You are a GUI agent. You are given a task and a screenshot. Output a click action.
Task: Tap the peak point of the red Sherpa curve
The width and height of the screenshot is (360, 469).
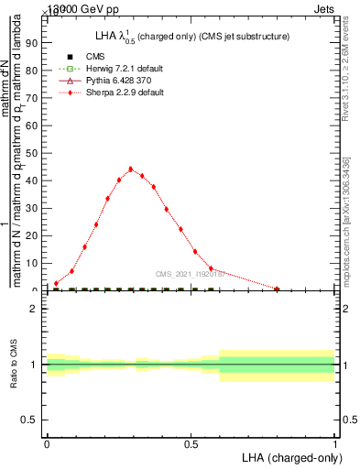131,169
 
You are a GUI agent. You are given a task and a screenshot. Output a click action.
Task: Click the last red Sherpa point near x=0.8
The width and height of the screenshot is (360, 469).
277,289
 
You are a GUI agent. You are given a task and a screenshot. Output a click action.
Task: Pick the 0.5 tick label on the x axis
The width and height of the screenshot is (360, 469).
191,443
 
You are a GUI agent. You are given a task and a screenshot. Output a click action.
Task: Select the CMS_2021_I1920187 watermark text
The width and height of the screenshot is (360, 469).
190,274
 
